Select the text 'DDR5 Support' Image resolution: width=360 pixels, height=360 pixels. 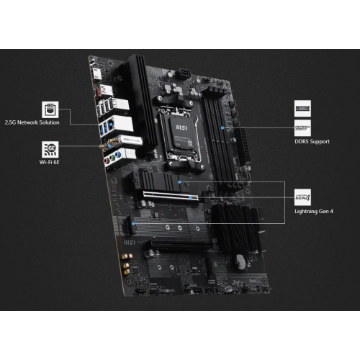click(312, 142)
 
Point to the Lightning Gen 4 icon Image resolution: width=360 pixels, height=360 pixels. click(303, 196)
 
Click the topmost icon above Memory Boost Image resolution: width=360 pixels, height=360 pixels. click(303, 109)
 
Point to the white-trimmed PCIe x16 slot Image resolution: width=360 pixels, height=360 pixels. click(169, 194)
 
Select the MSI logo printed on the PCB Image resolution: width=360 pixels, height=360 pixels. click(130, 245)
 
